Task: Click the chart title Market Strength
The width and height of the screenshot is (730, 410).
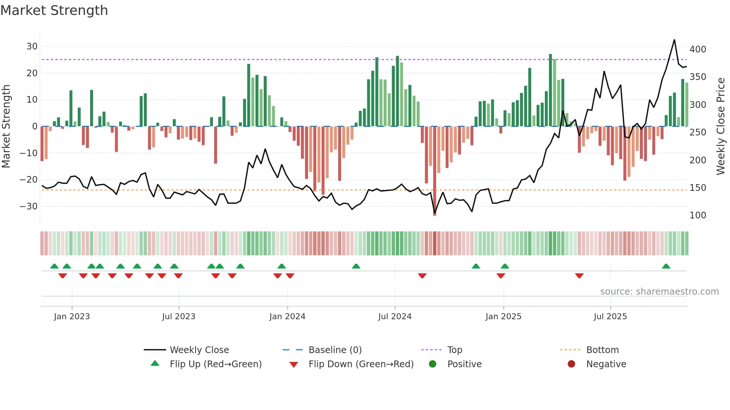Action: pyautogui.click(x=54, y=10)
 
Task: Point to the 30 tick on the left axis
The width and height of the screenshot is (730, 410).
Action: pyautogui.click(x=32, y=47)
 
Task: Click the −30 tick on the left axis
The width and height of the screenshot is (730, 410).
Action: pyautogui.click(x=29, y=206)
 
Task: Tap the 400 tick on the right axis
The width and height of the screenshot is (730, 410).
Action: pyautogui.click(x=698, y=49)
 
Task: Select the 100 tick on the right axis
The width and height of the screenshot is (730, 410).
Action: pyautogui.click(x=698, y=215)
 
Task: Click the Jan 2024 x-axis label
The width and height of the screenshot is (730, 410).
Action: pyautogui.click(x=287, y=317)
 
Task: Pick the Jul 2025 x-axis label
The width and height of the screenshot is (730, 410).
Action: pyautogui.click(x=610, y=317)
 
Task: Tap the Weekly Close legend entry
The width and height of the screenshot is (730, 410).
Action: pyautogui.click(x=199, y=350)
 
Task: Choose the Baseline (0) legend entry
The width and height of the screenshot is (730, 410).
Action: pyautogui.click(x=335, y=350)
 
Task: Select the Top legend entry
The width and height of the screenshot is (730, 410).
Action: pyautogui.click(x=454, y=350)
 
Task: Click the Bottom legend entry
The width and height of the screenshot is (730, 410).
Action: pyautogui.click(x=602, y=350)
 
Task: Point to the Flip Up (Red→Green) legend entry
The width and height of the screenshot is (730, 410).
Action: pyautogui.click(x=215, y=364)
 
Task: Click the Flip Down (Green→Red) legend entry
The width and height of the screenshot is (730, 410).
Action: pyautogui.click(x=361, y=364)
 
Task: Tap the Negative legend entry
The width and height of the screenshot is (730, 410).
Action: pyautogui.click(x=606, y=364)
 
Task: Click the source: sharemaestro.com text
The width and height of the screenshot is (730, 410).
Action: pyautogui.click(x=659, y=292)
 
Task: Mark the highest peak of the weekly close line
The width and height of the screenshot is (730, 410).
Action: pyautogui.click(x=674, y=40)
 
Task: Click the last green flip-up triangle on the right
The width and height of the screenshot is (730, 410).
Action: pyautogui.click(x=666, y=266)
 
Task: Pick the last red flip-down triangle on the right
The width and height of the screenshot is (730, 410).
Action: pyautogui.click(x=579, y=276)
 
